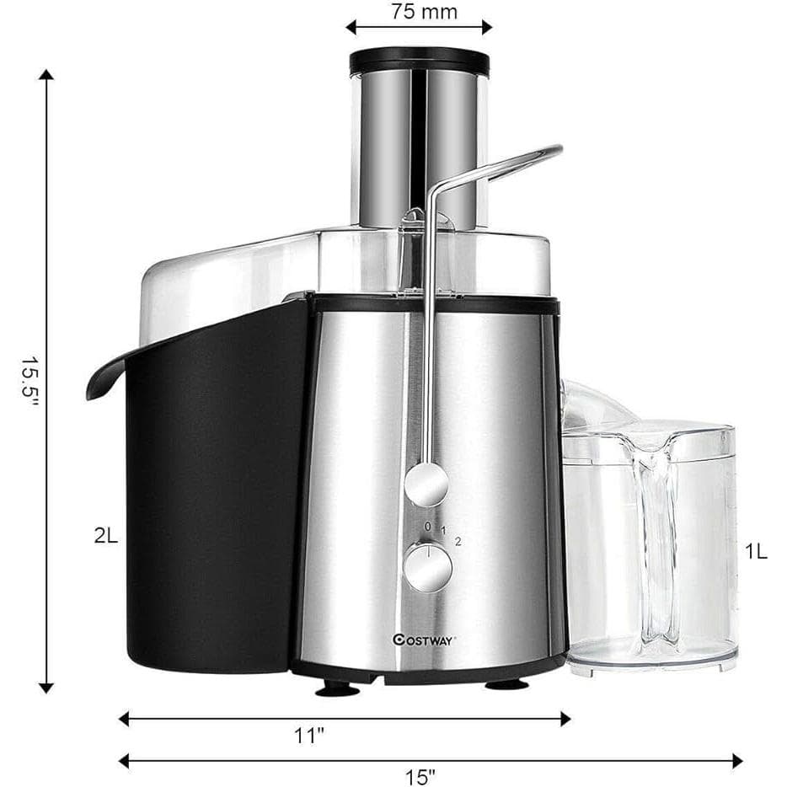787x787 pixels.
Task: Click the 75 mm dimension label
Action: pos(424,12)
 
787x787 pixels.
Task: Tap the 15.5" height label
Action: pos(29,383)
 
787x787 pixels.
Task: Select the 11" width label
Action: pos(308,736)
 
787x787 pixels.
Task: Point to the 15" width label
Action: pos(420,777)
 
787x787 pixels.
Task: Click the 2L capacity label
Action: pos(106,536)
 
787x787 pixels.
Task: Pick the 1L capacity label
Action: pos(756,552)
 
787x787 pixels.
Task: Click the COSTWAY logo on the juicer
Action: pos(424,640)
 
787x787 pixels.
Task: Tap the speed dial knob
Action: pos(428,568)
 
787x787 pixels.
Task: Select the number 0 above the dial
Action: pos(428,527)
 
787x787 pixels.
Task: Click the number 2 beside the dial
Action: pos(458,541)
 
